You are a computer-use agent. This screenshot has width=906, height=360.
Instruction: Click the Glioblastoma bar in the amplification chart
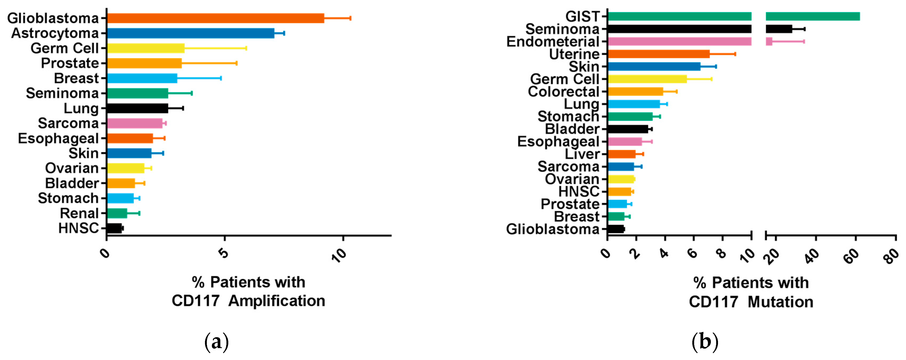coord(215,18)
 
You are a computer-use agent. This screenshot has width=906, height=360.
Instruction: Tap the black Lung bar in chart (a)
coord(137,108)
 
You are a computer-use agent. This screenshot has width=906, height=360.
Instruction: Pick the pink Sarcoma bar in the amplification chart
coord(134,123)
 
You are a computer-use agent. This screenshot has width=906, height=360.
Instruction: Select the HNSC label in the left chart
coord(78,229)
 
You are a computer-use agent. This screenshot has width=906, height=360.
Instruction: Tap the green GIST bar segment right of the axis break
coord(812,16)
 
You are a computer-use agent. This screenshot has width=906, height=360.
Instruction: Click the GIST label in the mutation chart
coord(582,16)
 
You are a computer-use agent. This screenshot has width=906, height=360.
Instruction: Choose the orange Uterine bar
coord(658,54)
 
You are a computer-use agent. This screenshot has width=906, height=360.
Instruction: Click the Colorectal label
coord(563,91)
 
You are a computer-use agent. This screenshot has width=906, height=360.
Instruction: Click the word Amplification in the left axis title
coord(277,301)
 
